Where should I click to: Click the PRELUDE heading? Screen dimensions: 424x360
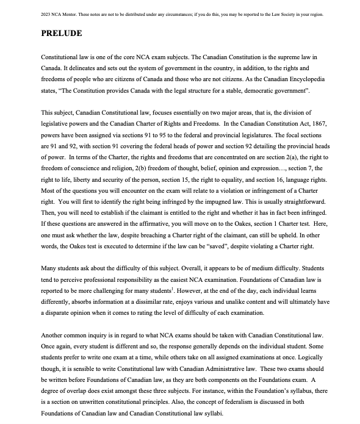65,34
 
